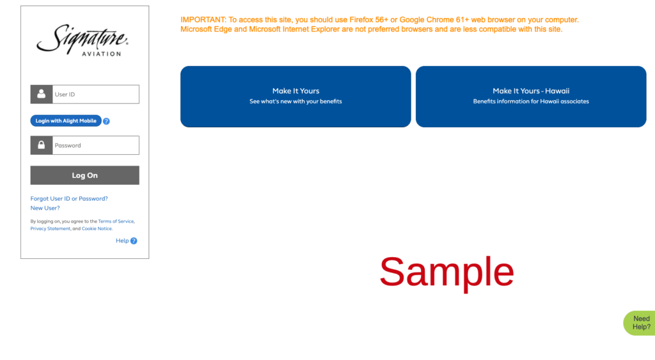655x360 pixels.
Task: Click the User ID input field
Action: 96,95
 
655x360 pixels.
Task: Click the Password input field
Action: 96,145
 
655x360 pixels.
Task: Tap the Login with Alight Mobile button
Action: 66,121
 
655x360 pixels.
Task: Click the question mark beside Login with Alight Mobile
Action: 107,121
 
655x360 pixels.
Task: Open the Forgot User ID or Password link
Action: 69,198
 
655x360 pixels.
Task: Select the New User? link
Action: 45,208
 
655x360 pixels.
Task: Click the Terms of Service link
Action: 116,221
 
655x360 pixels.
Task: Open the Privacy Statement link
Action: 50,228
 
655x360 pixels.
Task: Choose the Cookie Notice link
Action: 97,228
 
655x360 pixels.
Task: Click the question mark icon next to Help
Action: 134,240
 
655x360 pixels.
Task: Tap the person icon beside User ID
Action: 42,95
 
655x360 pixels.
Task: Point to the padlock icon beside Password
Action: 42,145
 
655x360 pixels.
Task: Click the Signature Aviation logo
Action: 83,40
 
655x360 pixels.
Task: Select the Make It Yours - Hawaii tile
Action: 531,97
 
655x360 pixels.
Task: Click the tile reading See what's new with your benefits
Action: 296,97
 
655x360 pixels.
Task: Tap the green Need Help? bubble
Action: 640,323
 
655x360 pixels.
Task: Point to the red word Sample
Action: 446,272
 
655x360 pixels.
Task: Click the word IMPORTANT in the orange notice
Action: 203,20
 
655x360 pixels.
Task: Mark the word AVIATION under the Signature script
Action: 102,54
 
